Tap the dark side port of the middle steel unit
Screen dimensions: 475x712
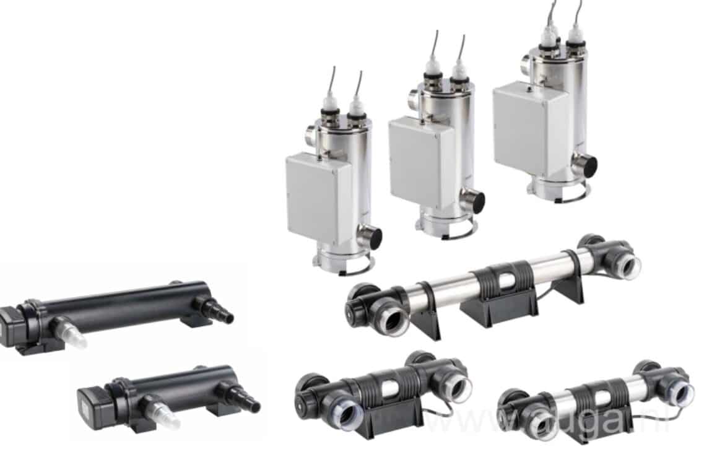[475, 201]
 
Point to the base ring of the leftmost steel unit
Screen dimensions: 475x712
[344, 263]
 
